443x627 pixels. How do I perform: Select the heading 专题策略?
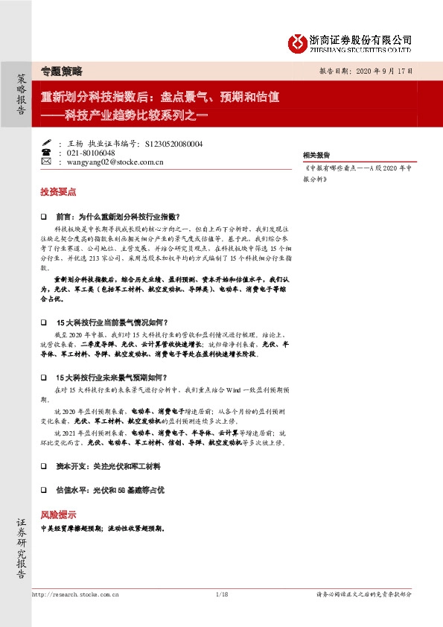61,71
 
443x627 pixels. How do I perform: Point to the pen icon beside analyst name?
46,141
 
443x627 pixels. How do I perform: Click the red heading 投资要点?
58,191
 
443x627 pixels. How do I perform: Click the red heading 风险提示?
58,515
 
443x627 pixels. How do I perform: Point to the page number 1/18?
220,593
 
